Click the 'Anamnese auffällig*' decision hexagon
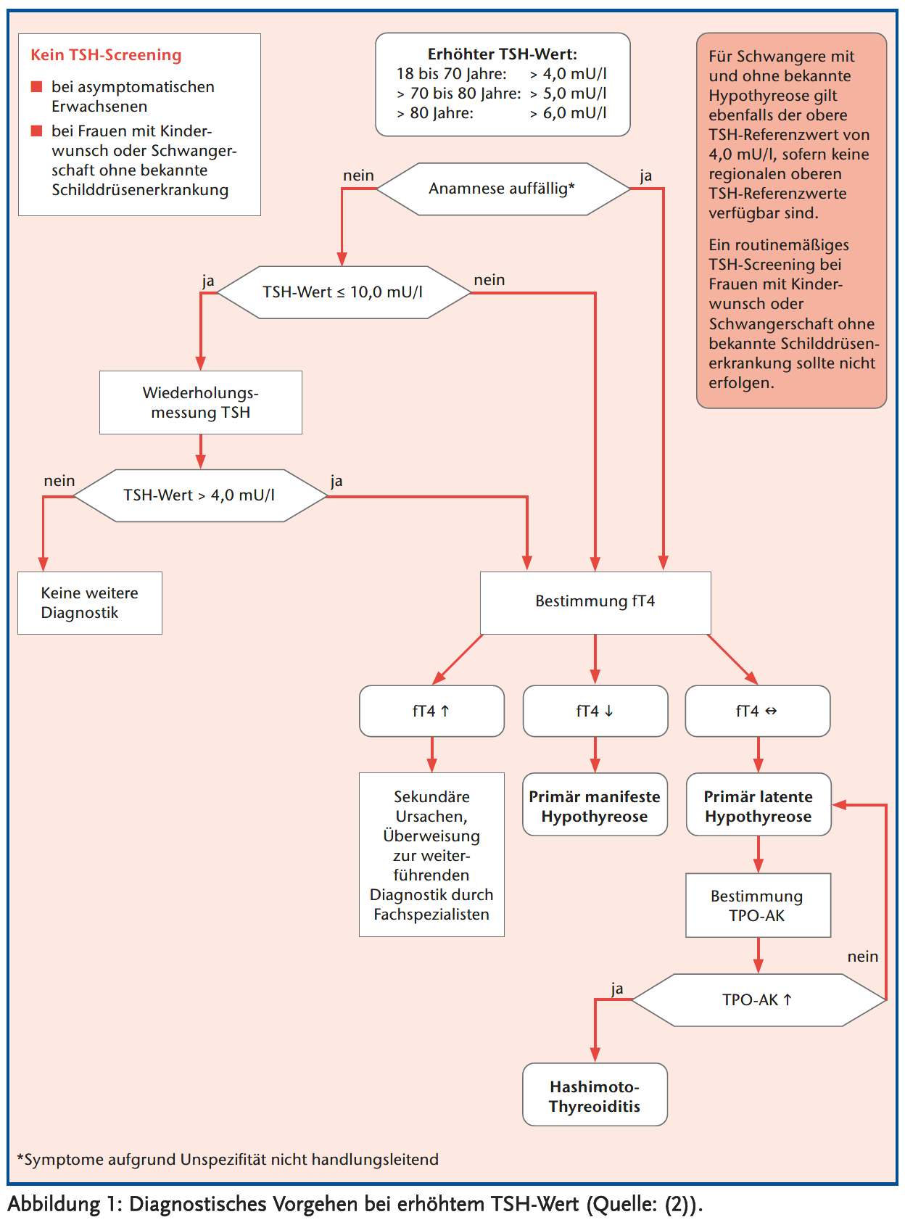[x=503, y=189]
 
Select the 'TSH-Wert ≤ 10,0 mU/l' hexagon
[x=344, y=292]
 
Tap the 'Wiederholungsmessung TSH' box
[x=201, y=403]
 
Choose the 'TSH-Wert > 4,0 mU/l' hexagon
[x=201, y=495]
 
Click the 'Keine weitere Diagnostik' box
[x=90, y=603]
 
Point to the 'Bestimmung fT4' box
[x=595, y=602]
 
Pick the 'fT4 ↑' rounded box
[x=431, y=711]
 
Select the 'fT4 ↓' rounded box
[x=595, y=711]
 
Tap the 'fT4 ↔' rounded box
[x=758, y=711]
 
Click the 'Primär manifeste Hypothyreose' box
[x=595, y=806]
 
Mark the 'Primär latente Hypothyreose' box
[x=759, y=806]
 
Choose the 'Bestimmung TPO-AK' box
[x=758, y=905]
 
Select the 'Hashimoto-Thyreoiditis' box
[x=595, y=1096]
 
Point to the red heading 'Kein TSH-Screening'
[x=106, y=55]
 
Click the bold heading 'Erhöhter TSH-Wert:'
[x=503, y=54]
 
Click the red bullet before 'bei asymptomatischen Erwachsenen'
[x=37, y=87]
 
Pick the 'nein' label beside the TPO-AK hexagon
[x=862, y=957]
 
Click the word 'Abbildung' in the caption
[x=54, y=1205]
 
